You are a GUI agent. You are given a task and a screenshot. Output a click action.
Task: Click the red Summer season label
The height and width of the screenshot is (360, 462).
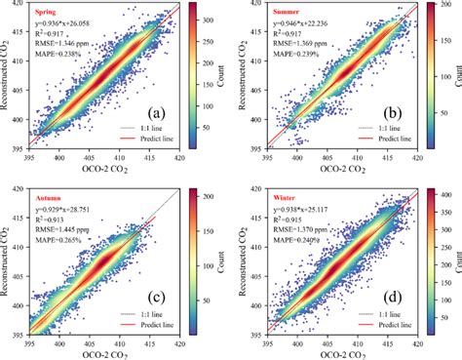tap(286, 11)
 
